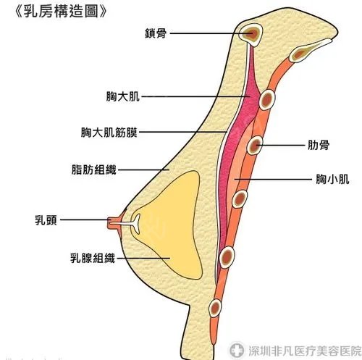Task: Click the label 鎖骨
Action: [x=156, y=33]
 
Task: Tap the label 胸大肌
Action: [x=123, y=96]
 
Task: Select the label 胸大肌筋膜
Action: [x=109, y=133]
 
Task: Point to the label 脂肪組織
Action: [x=94, y=169]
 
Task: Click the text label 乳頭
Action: [x=46, y=220]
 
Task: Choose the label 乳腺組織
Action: [x=93, y=258]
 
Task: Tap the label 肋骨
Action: [x=319, y=146]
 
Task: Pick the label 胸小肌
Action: [x=332, y=180]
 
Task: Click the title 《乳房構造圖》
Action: [x=61, y=12]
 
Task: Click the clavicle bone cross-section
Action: [x=251, y=34]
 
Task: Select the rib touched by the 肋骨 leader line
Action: [x=255, y=146]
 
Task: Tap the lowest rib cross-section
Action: [x=215, y=308]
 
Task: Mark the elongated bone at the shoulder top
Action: [x=310, y=50]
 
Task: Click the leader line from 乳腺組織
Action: [x=143, y=259]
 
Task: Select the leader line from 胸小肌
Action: [x=273, y=180]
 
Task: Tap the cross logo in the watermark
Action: [x=237, y=349]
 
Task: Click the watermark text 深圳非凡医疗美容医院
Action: [x=305, y=351]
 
